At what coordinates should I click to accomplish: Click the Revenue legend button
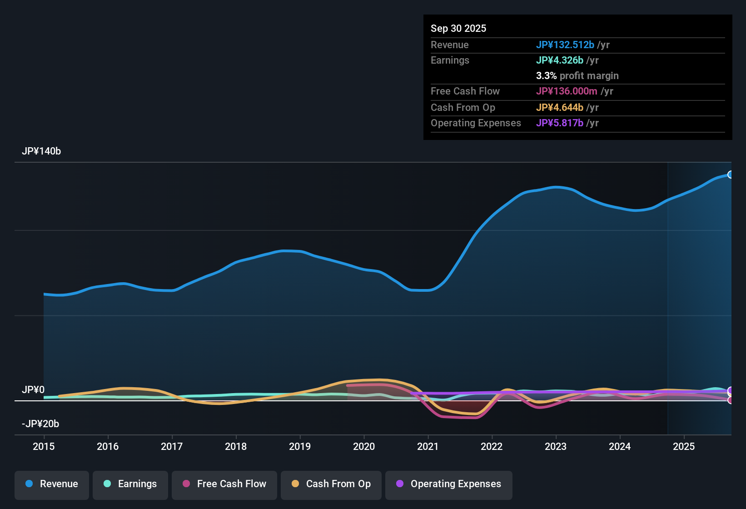pyautogui.click(x=52, y=484)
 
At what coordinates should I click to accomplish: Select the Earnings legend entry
pyautogui.click(x=130, y=484)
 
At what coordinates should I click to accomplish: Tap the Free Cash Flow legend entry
pyautogui.click(x=224, y=484)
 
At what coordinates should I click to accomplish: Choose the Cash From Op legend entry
pyautogui.click(x=331, y=484)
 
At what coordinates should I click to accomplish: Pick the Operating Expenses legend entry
pyautogui.click(x=449, y=484)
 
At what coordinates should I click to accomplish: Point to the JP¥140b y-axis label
pyautogui.click(x=41, y=151)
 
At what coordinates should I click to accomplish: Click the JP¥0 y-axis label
pyautogui.click(x=33, y=390)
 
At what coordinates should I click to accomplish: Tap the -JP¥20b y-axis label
pyautogui.click(x=40, y=424)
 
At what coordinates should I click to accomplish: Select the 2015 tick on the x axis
pyautogui.click(x=44, y=447)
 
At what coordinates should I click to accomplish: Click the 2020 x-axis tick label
pyautogui.click(x=364, y=447)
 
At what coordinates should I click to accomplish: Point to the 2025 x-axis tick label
pyautogui.click(x=684, y=447)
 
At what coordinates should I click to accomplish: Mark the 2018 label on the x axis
pyautogui.click(x=236, y=447)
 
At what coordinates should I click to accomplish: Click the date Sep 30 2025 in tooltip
pyautogui.click(x=458, y=29)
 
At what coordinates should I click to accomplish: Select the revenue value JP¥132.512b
pyautogui.click(x=565, y=45)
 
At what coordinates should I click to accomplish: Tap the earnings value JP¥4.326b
pyautogui.click(x=559, y=60)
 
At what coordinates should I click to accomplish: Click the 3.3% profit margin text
pyautogui.click(x=577, y=76)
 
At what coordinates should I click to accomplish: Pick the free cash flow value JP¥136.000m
pyautogui.click(x=567, y=91)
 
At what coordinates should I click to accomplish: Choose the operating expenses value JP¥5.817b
pyautogui.click(x=559, y=123)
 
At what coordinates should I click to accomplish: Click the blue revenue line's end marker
pyautogui.click(x=730, y=175)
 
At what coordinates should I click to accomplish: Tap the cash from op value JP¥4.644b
pyautogui.click(x=559, y=108)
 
